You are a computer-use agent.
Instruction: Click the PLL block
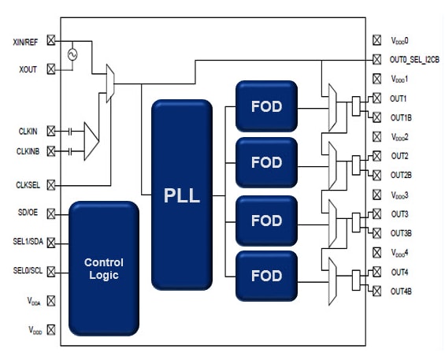point(182,195)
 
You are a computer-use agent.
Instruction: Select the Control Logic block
point(104,269)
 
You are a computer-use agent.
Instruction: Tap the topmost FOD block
point(266,105)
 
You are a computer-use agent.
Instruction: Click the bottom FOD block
point(266,276)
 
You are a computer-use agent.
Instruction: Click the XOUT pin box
point(52,69)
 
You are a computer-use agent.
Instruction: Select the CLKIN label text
point(26,131)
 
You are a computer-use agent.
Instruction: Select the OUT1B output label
point(402,117)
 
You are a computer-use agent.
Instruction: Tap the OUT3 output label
point(399,214)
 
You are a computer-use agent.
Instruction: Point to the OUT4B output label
point(402,291)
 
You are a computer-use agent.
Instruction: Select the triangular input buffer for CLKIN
point(91,139)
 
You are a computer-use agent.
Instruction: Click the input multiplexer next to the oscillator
point(109,79)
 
